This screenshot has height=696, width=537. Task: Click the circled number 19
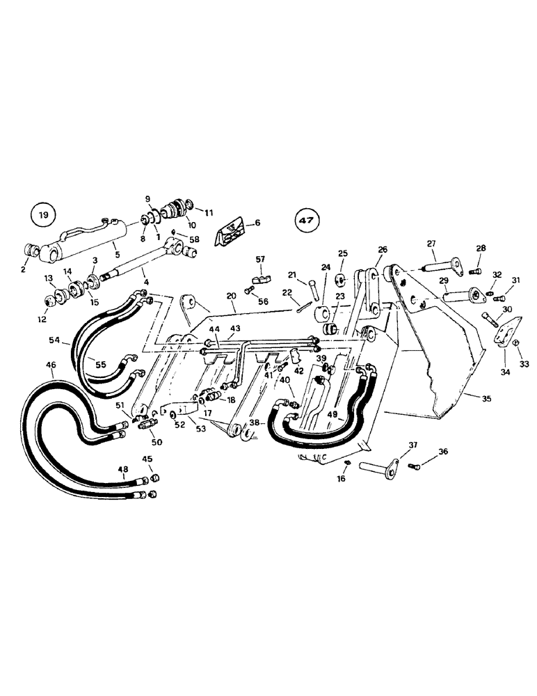42,216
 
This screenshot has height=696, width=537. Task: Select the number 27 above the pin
431,244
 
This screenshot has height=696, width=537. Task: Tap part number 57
260,260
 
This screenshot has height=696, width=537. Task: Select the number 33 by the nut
524,363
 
